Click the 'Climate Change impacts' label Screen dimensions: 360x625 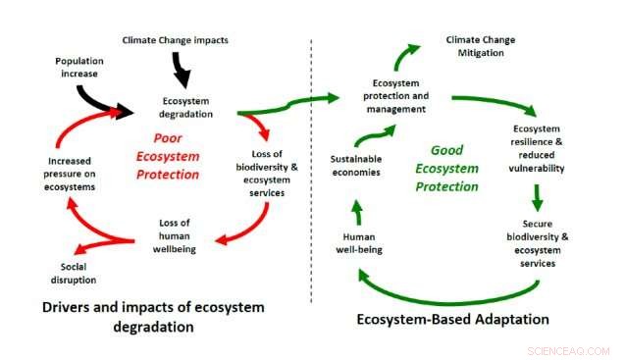pyautogui.click(x=175, y=40)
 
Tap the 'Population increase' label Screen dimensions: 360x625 pyautogui.click(x=79, y=66)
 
